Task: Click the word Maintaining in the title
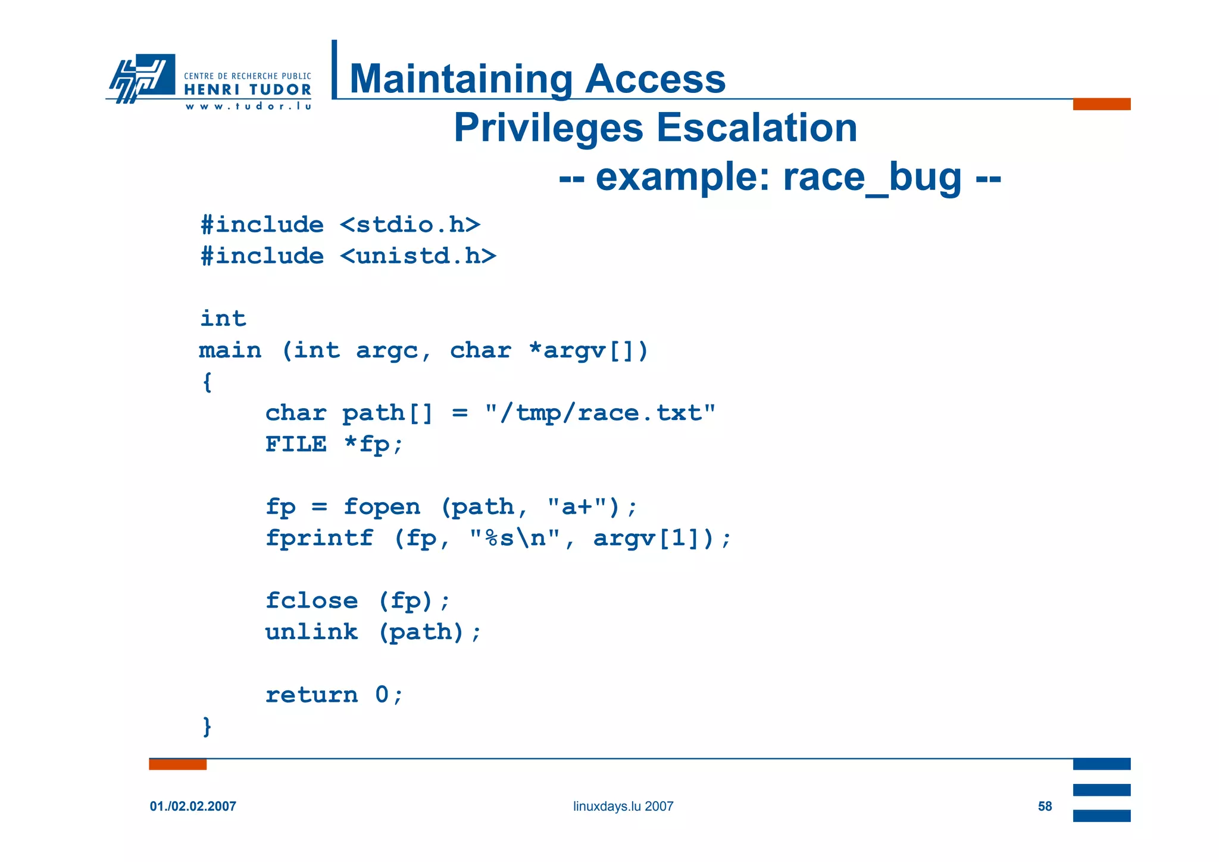461,79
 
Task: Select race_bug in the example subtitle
871,177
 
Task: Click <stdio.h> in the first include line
410,225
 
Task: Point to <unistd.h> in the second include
418,256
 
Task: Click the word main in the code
230,350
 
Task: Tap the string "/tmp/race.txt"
600,413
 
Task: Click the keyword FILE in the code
296,444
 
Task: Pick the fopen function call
382,507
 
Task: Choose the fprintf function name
319,538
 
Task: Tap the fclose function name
311,600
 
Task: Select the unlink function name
311,632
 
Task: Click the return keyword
311,695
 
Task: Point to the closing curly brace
207,726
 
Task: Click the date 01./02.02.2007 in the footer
193,807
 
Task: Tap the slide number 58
1045,807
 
